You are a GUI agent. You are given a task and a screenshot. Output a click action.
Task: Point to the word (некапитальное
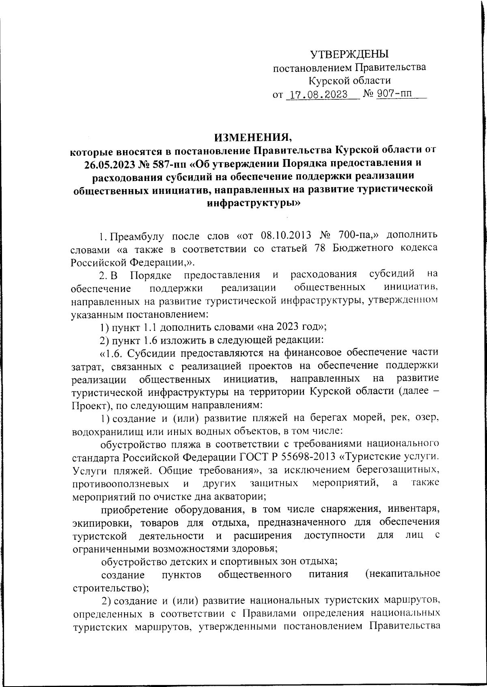402,574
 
